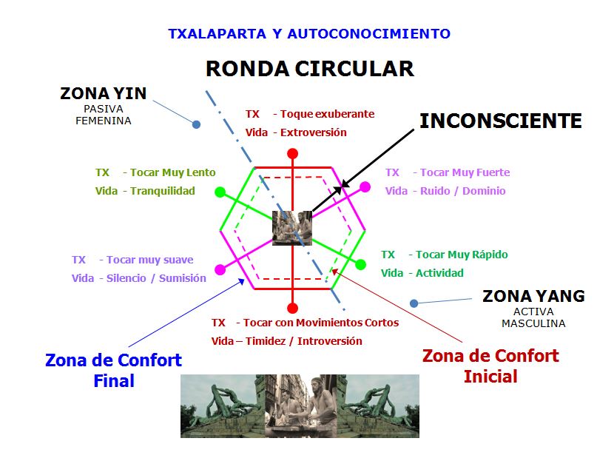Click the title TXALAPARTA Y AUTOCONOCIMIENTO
(x=309, y=34)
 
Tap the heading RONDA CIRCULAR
(x=310, y=69)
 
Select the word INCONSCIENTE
(x=500, y=121)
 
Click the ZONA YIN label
(x=104, y=94)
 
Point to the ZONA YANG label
(x=533, y=296)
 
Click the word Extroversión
(x=313, y=132)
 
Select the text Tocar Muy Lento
(x=172, y=172)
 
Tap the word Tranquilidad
(x=163, y=191)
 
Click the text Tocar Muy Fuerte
(x=465, y=172)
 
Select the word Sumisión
(x=183, y=278)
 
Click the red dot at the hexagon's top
(x=292, y=153)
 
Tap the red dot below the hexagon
(x=292, y=309)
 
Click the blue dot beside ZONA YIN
(x=196, y=124)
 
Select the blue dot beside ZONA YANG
(x=414, y=303)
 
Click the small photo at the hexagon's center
(x=292, y=229)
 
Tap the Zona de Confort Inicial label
(x=490, y=366)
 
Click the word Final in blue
(x=114, y=380)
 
